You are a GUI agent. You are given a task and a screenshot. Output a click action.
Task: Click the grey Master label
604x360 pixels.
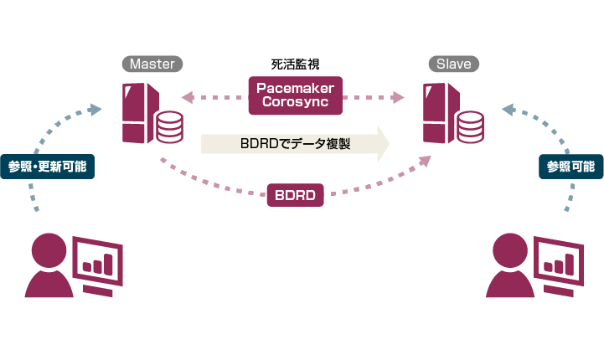(x=152, y=64)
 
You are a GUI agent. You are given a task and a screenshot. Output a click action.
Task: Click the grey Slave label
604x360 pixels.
(x=454, y=64)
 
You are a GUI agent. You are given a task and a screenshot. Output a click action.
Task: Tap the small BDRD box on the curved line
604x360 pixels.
(x=295, y=196)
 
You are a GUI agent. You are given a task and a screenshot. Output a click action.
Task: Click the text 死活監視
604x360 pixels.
(x=296, y=64)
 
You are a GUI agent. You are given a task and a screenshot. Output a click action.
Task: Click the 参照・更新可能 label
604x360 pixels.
(x=48, y=167)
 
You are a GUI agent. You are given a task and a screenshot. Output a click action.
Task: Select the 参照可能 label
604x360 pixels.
(x=570, y=167)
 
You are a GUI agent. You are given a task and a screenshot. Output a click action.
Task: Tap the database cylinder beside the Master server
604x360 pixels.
(x=169, y=127)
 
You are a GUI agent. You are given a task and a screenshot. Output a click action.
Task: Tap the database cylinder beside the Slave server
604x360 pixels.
(x=471, y=127)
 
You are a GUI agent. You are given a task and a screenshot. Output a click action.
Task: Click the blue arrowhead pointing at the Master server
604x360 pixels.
(x=95, y=107)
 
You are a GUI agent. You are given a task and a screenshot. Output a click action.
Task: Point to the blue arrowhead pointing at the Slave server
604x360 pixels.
(x=508, y=108)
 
